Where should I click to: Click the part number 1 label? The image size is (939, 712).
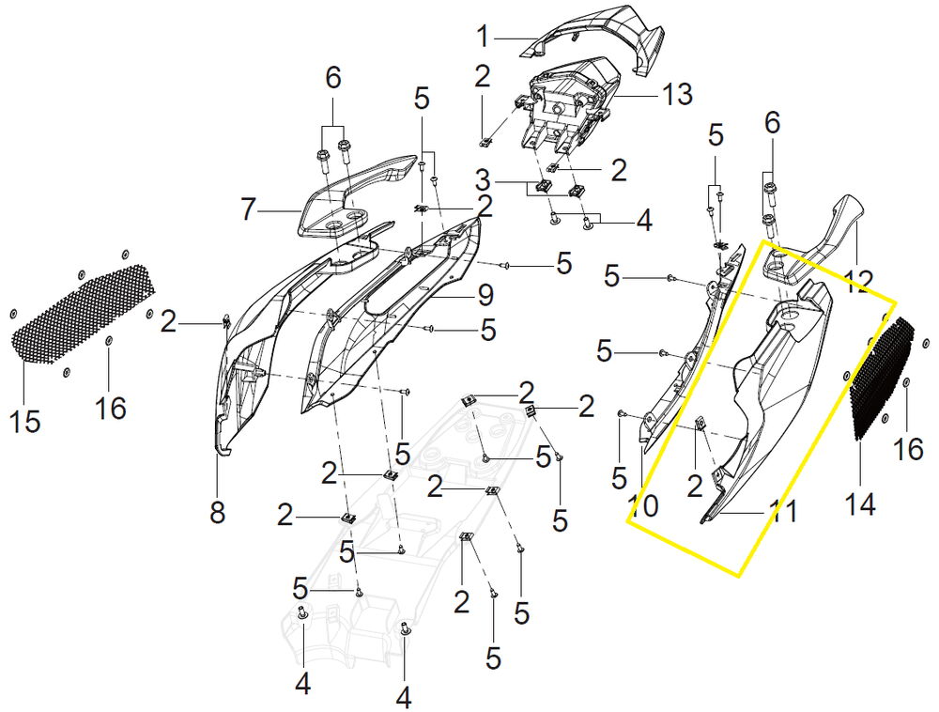483,37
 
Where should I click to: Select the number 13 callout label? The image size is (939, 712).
677,94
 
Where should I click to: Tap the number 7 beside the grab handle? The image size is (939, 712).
249,210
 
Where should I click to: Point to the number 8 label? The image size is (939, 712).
218,512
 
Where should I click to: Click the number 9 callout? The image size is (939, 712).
485,295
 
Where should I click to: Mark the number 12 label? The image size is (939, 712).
857,281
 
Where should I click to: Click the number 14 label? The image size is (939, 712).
860,503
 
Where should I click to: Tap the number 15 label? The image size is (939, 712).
24,421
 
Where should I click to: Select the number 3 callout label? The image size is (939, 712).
484,180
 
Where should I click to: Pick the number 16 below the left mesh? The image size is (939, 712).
111,408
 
